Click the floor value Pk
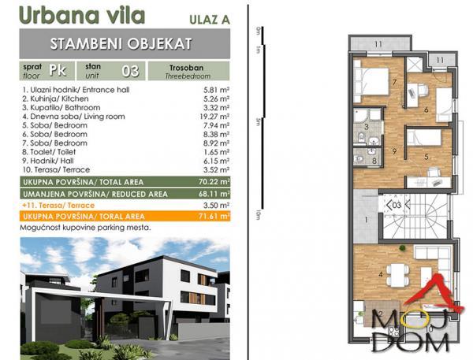click(57, 70)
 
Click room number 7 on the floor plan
click(371, 80)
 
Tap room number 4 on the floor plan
click(382, 274)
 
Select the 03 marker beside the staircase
click(396, 205)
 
